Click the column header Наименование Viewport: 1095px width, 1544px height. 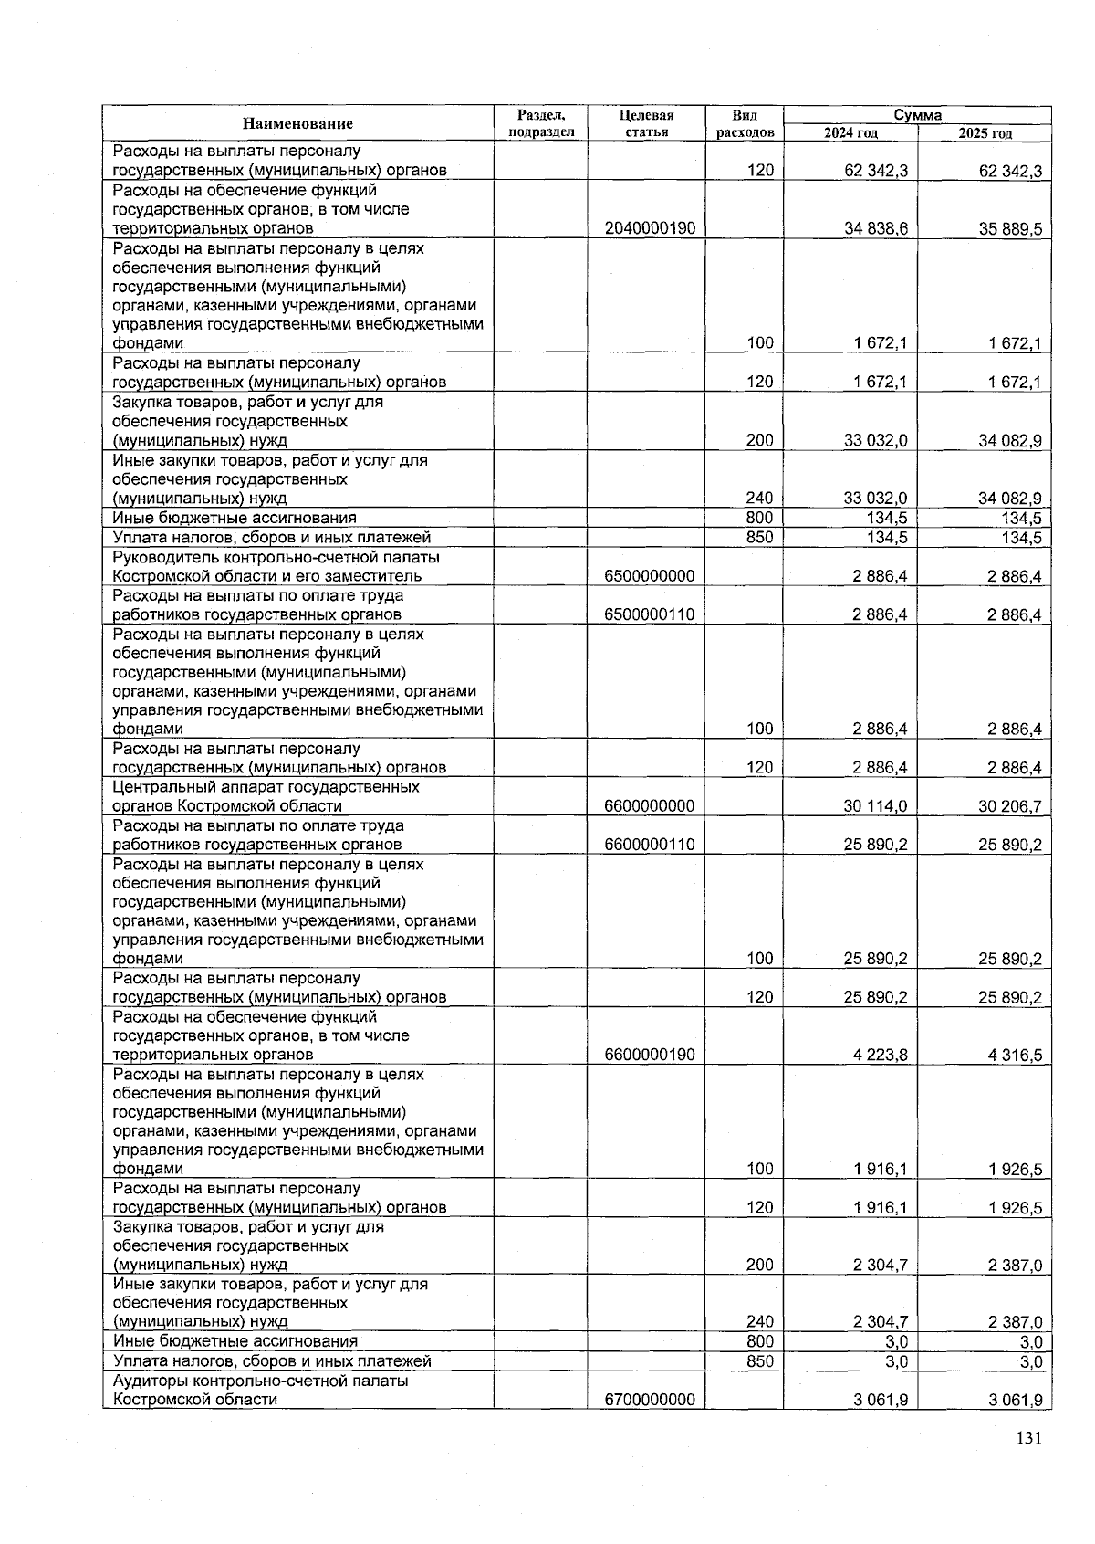pyautogui.click(x=297, y=123)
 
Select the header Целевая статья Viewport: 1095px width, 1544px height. pyautogui.click(x=646, y=123)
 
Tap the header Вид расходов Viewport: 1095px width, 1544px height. pyautogui.click(x=745, y=123)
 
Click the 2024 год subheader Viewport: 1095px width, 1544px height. pyautogui.click(x=850, y=133)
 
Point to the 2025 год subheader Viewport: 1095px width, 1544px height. pyautogui.click(x=985, y=133)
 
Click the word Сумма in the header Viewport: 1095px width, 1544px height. pyautogui.click(x=917, y=115)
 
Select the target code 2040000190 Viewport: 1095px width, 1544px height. pyautogui.click(x=650, y=228)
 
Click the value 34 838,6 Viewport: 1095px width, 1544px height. pyautogui.click(x=875, y=228)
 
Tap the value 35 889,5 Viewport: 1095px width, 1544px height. pyautogui.click(x=1010, y=228)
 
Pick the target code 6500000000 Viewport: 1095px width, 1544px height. pyautogui.click(x=650, y=576)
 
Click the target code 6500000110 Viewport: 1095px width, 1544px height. pyautogui.click(x=650, y=614)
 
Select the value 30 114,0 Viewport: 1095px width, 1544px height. pyautogui.click(x=875, y=806)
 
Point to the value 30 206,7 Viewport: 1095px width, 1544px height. pyautogui.click(x=1010, y=806)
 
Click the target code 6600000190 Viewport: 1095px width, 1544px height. pyautogui.click(x=650, y=1055)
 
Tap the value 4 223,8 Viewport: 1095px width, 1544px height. pyautogui.click(x=880, y=1055)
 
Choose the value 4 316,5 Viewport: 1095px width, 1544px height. pyautogui.click(x=1015, y=1055)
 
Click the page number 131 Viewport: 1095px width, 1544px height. pyautogui.click(x=1028, y=1439)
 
